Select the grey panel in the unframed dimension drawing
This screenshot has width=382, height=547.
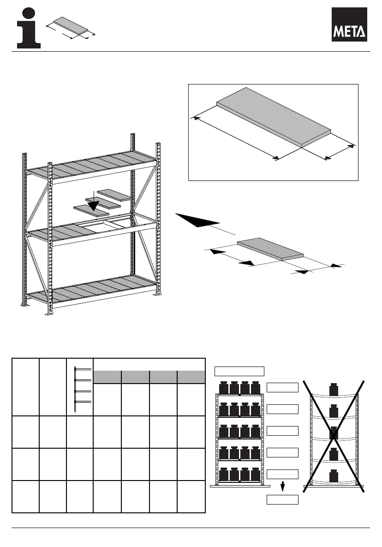pyautogui.click(x=270, y=249)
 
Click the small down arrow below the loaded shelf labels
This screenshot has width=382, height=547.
pyautogui.click(x=282, y=487)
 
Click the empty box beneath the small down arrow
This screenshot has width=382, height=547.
pyautogui.click(x=282, y=500)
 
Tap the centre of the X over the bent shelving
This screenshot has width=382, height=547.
pyautogui.click(x=334, y=433)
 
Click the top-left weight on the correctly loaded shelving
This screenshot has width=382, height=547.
pyautogui.click(x=224, y=388)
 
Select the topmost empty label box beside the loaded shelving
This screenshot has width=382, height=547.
pyautogui.click(x=282, y=387)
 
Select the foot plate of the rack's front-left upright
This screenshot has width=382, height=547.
pyautogui.click(x=48, y=312)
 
